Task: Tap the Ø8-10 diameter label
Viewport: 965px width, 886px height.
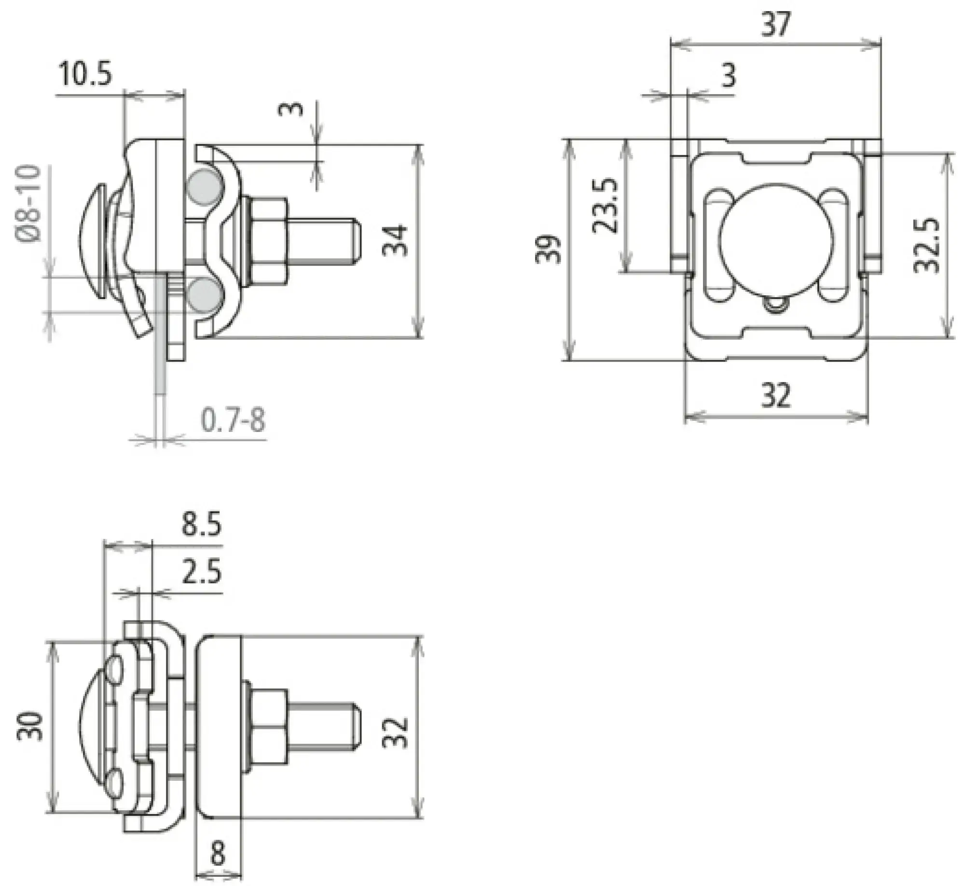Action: click(30, 204)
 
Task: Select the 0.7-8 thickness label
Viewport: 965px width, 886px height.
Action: click(233, 420)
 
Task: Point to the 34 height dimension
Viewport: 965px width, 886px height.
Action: click(396, 240)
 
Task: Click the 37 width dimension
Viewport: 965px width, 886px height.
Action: click(776, 24)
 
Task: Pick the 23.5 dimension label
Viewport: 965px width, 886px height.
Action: click(604, 206)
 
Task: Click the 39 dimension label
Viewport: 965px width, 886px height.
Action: click(549, 249)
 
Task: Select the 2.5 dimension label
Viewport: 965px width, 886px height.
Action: click(201, 572)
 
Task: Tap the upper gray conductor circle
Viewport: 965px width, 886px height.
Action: click(203, 186)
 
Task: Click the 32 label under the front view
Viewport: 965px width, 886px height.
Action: click(776, 395)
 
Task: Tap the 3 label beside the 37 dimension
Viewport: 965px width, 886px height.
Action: click(729, 76)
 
